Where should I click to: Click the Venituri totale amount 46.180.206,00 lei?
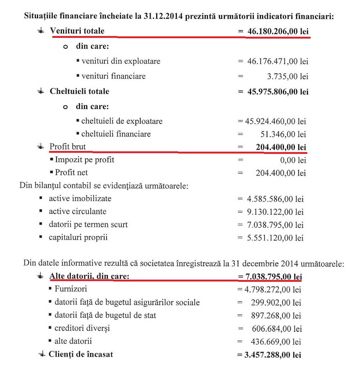tap(278, 32)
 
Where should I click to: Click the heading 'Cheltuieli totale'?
tap(79, 91)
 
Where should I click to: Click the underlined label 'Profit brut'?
tap(68, 147)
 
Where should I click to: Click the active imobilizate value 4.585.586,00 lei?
tap(275, 199)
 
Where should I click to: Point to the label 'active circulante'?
tap(78, 211)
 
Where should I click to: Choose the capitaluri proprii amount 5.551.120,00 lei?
tap(275, 238)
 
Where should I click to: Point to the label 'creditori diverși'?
tap(82, 328)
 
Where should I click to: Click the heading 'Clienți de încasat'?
tap(81, 354)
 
